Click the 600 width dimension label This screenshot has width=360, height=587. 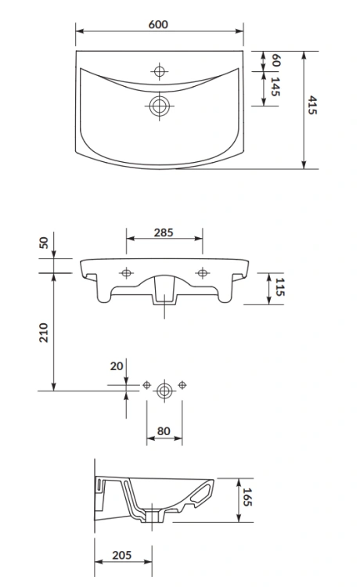click(x=159, y=24)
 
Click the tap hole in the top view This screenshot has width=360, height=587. click(x=160, y=72)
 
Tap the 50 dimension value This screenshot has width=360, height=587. click(x=44, y=243)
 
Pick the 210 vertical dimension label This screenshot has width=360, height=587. click(x=44, y=332)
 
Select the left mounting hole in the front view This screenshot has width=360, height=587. click(x=125, y=272)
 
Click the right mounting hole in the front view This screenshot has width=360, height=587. click(x=203, y=272)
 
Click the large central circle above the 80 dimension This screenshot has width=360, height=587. click(x=164, y=389)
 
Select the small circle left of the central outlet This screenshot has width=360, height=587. click(x=146, y=384)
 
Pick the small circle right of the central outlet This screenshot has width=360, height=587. click(x=182, y=384)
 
